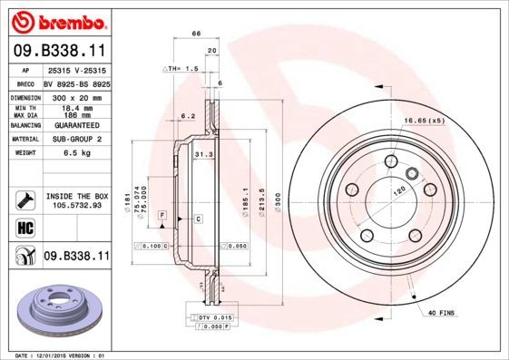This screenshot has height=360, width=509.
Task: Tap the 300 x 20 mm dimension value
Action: (x=75, y=95)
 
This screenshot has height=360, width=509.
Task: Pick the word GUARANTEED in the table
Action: (x=75, y=124)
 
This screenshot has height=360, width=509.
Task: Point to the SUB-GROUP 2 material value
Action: (x=75, y=139)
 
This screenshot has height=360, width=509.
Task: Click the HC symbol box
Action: (x=25, y=226)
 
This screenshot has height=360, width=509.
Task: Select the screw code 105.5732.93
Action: (x=75, y=205)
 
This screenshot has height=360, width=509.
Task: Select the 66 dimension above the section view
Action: (x=195, y=34)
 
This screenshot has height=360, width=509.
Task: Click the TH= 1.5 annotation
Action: (x=181, y=69)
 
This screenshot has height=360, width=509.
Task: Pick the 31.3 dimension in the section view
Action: (x=202, y=154)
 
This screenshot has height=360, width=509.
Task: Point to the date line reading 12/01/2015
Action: (x=64, y=355)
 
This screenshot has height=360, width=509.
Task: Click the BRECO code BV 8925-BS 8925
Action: (x=75, y=82)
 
